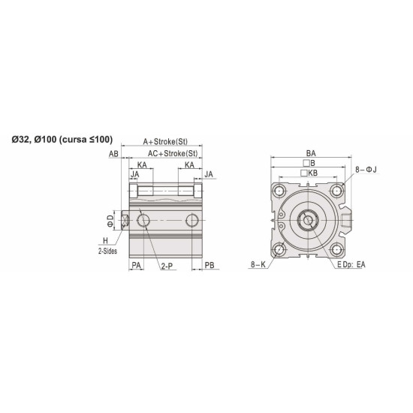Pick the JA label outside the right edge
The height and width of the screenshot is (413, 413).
coord(210,174)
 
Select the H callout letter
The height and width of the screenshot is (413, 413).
coord(105,240)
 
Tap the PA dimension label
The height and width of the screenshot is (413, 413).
coord(137,266)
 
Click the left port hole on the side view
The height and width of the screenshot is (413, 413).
coord(144,219)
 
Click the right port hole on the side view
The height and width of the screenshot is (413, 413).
coord(193,219)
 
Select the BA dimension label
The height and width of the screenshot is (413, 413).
coord(310,152)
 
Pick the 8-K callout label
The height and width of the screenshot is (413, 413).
coord(258,266)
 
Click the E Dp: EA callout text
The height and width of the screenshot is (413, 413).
coord(351,266)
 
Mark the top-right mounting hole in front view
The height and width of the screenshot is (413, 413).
coord(336,191)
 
